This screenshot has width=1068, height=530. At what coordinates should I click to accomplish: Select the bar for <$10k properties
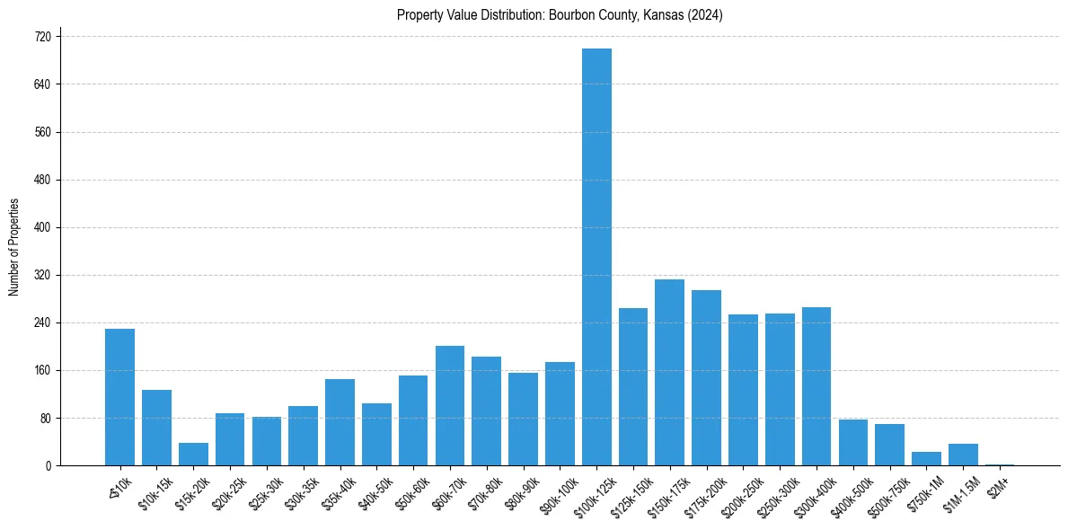[x=119, y=397]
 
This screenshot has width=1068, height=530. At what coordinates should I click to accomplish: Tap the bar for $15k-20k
[x=193, y=455]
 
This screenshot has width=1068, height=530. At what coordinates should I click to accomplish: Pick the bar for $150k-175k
[x=669, y=373]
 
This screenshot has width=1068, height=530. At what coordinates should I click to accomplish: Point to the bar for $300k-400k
[x=816, y=386]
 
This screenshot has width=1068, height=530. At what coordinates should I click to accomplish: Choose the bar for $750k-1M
[x=926, y=459]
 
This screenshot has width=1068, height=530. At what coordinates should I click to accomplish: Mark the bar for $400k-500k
[x=852, y=443]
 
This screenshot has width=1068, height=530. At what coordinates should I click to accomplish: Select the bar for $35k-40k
[x=340, y=422]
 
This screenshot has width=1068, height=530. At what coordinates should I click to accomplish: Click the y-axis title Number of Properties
[x=13, y=247]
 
